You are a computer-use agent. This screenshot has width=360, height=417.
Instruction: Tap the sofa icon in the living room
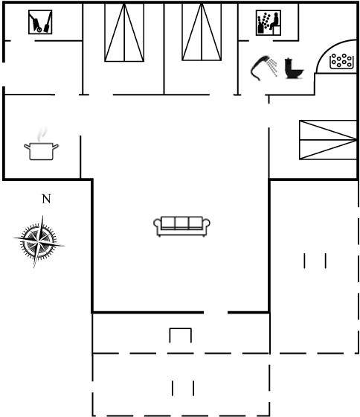[181, 226]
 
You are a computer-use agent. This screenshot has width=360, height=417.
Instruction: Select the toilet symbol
[294, 69]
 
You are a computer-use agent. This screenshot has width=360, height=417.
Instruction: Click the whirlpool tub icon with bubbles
[342, 61]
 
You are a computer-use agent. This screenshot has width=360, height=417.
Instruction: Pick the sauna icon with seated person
[269, 23]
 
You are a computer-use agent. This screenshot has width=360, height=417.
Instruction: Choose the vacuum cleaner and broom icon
[40, 22]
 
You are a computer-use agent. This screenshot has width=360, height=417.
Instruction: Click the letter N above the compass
[46, 199]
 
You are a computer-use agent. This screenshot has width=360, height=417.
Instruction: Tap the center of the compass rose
[39, 241]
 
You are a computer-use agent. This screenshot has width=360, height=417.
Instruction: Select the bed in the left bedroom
[124, 32]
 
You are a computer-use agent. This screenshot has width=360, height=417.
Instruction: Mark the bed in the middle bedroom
[202, 32]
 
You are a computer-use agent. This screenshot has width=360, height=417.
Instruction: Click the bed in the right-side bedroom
[328, 140]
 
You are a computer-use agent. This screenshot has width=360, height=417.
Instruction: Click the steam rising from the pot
[42, 134]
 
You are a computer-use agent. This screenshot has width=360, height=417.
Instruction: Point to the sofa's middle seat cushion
[181, 223]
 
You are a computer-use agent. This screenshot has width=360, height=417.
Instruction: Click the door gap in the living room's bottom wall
[216, 312]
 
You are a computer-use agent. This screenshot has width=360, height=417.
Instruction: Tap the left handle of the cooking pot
[27, 146]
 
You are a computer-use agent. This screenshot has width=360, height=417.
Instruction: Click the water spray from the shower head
[272, 66]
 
